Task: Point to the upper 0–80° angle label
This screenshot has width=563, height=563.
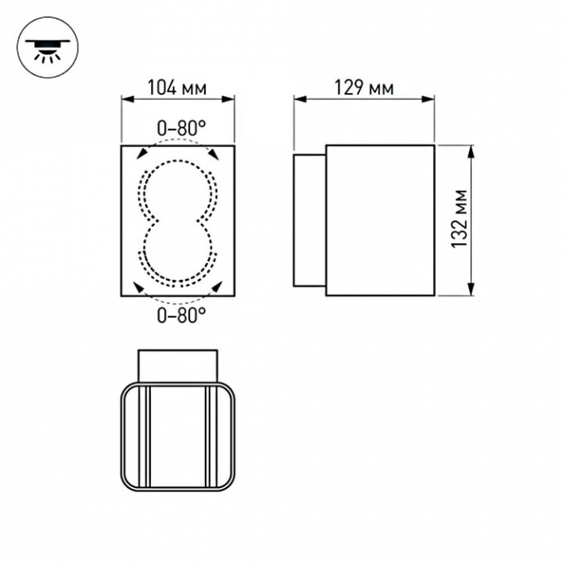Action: pyautogui.click(x=180, y=127)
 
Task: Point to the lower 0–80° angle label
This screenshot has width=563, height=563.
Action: pyautogui.click(x=180, y=316)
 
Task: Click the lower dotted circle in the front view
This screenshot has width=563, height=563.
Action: pyautogui.click(x=179, y=253)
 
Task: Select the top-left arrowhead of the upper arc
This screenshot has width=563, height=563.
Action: pyautogui.click(x=141, y=152)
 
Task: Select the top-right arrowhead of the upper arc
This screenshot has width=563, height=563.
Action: pyautogui.click(x=215, y=152)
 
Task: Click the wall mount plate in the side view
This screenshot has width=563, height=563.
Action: pyautogui.click(x=309, y=219)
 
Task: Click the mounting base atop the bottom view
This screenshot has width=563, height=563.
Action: pyautogui.click(x=179, y=365)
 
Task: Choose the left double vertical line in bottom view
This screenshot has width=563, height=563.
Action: pyautogui.click(x=149, y=437)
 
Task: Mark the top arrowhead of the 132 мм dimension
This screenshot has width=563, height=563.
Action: pyautogui.click(x=472, y=150)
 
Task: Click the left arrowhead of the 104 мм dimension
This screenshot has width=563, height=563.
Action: pyautogui.click(x=126, y=100)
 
